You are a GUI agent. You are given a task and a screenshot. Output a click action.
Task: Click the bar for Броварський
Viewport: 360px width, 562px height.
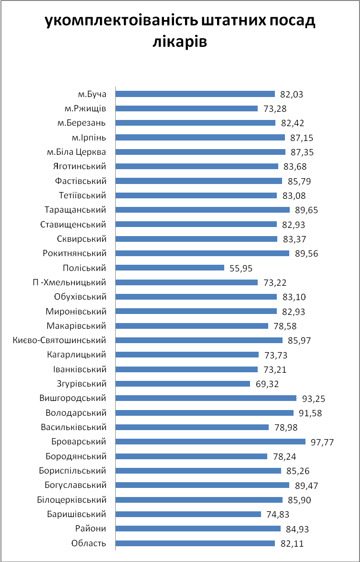[x=210, y=442]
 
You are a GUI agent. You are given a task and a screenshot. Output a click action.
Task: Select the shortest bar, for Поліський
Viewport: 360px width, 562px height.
[x=170, y=268]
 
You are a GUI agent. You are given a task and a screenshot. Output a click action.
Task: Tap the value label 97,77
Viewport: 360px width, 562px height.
[x=321, y=442]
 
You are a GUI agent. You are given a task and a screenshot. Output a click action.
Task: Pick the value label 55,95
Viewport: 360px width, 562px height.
[x=241, y=268]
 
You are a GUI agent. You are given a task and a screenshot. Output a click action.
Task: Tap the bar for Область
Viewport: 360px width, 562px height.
[x=195, y=543]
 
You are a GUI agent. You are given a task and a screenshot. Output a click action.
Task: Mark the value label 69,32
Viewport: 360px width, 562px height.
[x=267, y=384]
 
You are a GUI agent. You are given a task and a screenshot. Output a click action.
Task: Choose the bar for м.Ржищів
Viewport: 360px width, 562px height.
[x=186, y=108]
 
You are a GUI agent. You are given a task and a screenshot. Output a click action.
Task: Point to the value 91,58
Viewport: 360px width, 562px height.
[x=311, y=413]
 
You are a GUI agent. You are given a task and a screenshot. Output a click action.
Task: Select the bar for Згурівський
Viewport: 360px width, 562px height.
[x=183, y=383]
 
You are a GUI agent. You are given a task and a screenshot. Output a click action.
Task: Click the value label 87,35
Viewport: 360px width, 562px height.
[x=303, y=152]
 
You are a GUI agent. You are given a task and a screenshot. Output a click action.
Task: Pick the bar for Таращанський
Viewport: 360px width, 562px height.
[x=202, y=210]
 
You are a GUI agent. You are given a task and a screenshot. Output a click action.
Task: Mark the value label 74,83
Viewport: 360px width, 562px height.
[x=278, y=514]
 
